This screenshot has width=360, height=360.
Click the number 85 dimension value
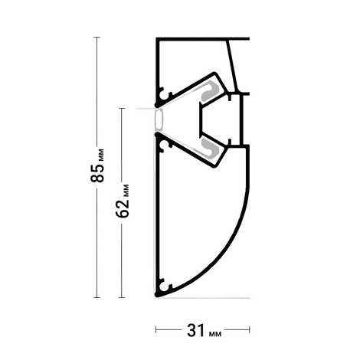97,173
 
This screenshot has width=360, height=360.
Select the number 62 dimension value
123,208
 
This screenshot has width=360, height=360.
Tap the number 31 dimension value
196,331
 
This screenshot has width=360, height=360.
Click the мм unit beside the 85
101,155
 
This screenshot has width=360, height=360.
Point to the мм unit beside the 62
126,190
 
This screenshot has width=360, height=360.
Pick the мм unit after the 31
215,334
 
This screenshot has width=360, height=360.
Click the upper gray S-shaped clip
210,90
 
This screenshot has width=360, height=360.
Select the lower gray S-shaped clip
210,148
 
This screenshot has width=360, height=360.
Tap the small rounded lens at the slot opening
159,119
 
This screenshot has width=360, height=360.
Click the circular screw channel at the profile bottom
162,286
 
